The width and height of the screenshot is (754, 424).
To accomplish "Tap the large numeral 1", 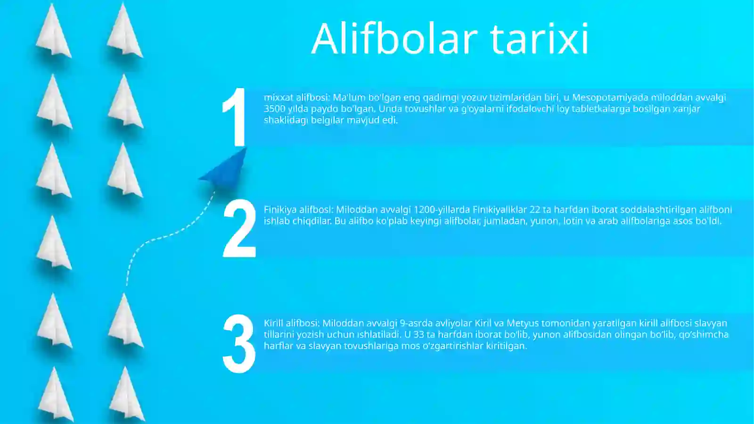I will tap(235, 117).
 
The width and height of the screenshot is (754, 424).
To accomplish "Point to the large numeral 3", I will tap(239, 344).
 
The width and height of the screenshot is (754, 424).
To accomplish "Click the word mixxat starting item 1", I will tap(278, 98).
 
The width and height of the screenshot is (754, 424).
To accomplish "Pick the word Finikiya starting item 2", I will tap(280, 209).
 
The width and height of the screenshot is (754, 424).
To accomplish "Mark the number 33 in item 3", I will tap(418, 335).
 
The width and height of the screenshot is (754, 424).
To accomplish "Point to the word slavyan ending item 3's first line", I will tap(711, 324).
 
